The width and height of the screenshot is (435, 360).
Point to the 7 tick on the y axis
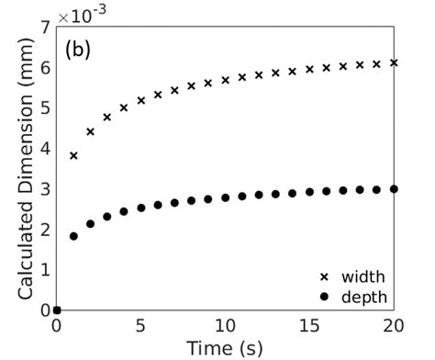[x=46, y=28]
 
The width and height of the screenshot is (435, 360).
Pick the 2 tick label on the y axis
[x=46, y=230]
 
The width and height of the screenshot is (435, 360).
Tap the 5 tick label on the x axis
[x=141, y=325]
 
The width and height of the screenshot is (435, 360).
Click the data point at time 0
[x=57, y=310]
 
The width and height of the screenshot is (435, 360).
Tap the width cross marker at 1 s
[x=73, y=156]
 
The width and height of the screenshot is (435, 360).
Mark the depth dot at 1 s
[x=73, y=236]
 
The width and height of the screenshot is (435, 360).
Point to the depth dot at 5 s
[x=141, y=208]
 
